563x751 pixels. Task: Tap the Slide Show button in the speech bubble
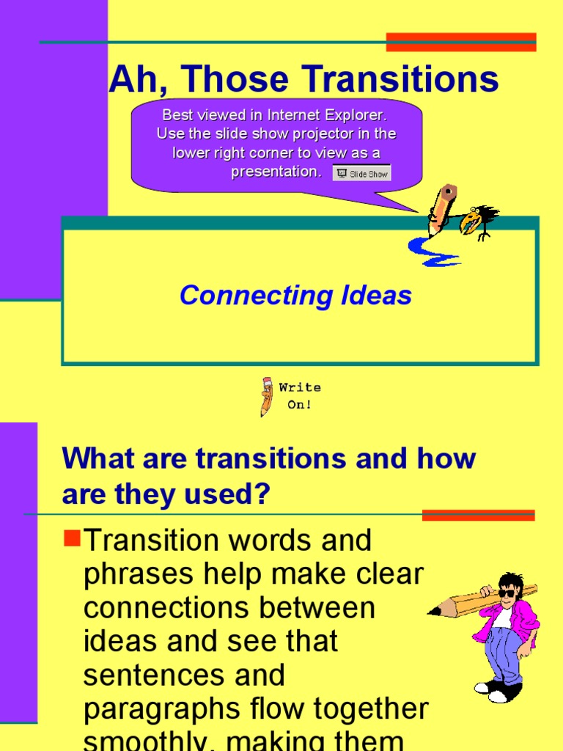click(x=361, y=173)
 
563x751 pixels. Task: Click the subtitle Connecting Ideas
click(x=295, y=296)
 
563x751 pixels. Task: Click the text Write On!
click(x=300, y=396)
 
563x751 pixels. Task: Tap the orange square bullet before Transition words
click(x=72, y=540)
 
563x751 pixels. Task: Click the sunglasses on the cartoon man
click(x=507, y=593)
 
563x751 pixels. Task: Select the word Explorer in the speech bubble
click(x=354, y=115)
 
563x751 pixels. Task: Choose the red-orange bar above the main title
click(x=461, y=43)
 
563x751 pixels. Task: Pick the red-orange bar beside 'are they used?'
click(x=478, y=515)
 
